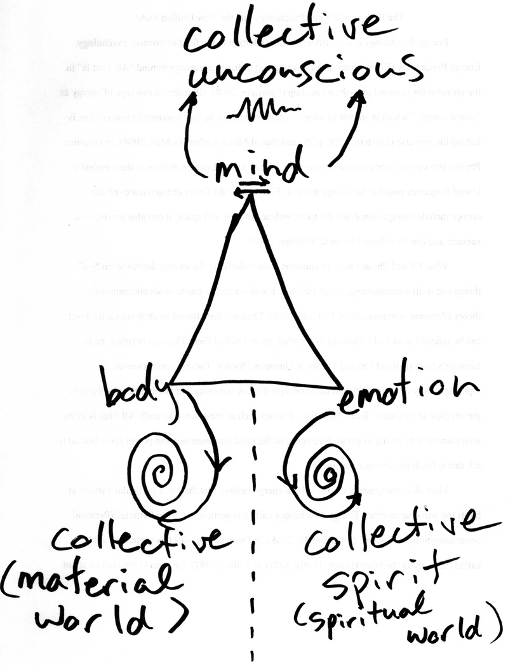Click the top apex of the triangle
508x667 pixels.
252,196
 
